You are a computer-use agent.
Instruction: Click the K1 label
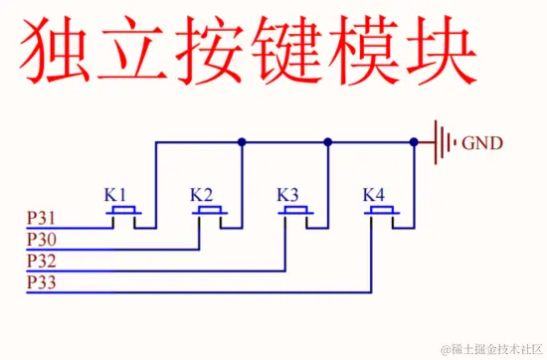(x=116, y=193)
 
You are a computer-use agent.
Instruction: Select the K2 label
(x=202, y=193)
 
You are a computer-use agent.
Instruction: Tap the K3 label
(x=288, y=193)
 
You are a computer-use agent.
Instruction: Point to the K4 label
(x=374, y=193)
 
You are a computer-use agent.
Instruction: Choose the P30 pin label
(x=42, y=240)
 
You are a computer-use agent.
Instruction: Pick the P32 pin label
(x=42, y=263)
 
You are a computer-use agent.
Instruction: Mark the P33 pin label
(x=42, y=284)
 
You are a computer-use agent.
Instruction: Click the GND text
(x=482, y=143)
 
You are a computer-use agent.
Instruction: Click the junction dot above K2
(x=242, y=142)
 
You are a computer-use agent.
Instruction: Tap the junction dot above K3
(x=327, y=142)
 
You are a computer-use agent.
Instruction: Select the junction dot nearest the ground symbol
(x=414, y=142)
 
